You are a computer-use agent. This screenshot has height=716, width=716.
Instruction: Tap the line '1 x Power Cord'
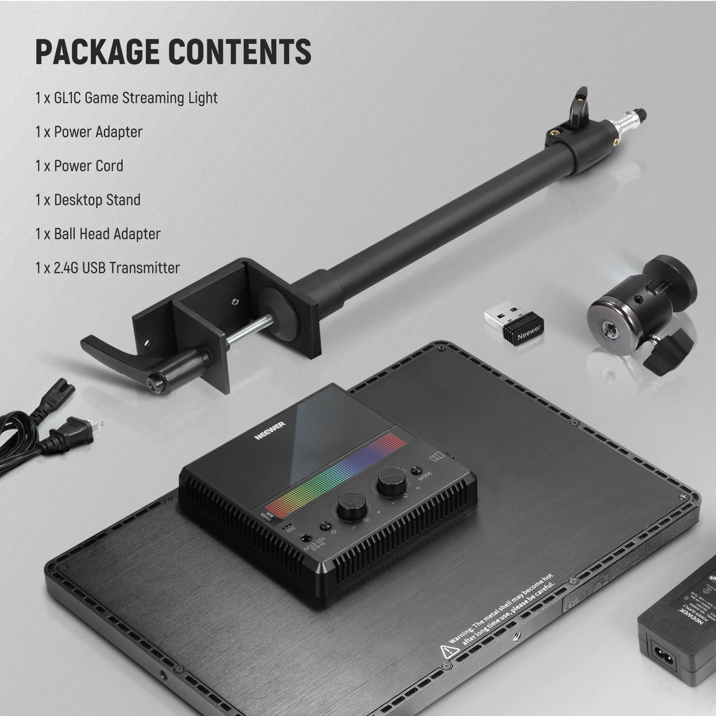pyautogui.click(x=79, y=166)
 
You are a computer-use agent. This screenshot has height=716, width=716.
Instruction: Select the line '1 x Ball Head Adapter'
pyautogui.click(x=98, y=234)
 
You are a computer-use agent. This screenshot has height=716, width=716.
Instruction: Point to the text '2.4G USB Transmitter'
pyautogui.click(x=116, y=268)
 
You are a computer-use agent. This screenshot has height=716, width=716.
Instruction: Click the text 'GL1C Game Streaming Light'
pyautogui.click(x=136, y=98)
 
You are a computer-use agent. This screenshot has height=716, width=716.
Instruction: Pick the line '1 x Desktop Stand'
pyautogui.click(x=88, y=200)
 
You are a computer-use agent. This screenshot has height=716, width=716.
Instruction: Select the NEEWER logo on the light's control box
pyautogui.click(x=270, y=430)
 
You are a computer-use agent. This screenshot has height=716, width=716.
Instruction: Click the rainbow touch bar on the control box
pyautogui.click(x=336, y=474)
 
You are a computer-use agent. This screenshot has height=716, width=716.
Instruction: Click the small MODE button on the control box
pyautogui.click(x=416, y=470)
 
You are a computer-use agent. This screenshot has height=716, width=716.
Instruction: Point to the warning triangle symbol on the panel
pyautogui.click(x=449, y=651)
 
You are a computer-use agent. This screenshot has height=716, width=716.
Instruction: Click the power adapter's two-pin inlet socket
pyautogui.click(x=663, y=650)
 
